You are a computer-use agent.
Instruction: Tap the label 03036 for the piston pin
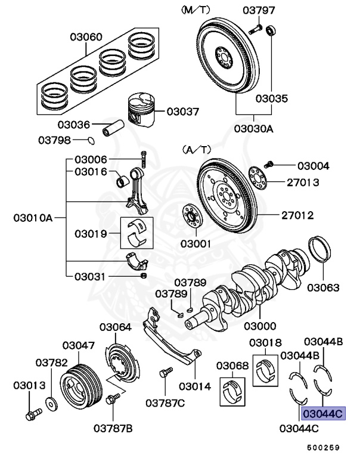coord(73,125)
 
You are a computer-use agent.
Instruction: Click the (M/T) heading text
coord(196,10)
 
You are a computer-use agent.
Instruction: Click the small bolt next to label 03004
coord(269,164)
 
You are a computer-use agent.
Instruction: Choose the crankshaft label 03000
coord(259,326)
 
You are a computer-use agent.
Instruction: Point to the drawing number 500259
coord(323,447)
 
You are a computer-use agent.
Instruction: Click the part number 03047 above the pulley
coord(79,345)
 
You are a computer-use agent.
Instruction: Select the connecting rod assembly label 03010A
coord(33,218)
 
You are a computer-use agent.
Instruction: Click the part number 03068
coord(232,365)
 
